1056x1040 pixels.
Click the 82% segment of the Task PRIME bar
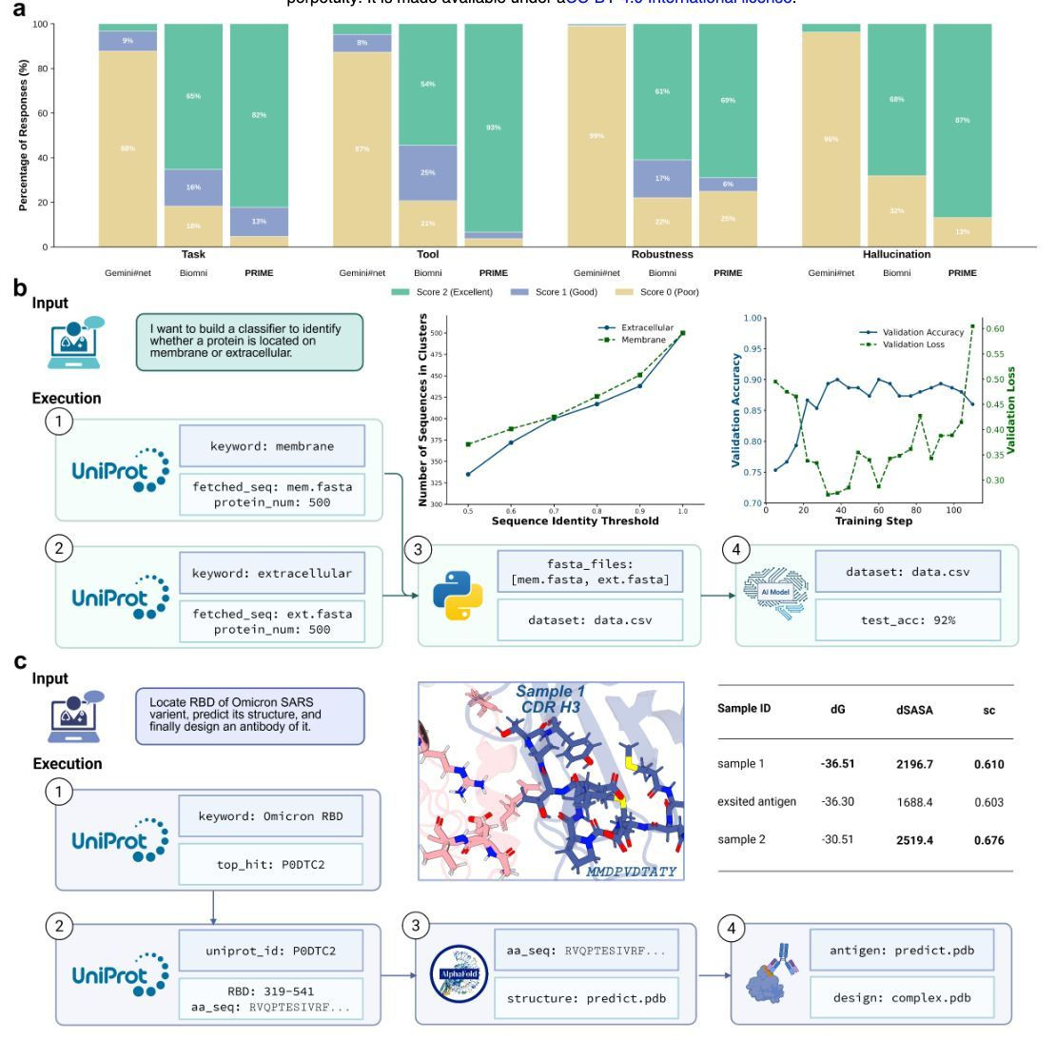pos(259,114)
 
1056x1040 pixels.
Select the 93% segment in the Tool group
pos(493,128)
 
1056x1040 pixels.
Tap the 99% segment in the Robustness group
pos(596,136)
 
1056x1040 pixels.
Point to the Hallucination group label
pos(896,255)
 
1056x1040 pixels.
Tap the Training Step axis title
pos(872,521)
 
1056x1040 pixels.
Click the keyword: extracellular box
pos(271,574)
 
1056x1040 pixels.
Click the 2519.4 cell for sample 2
pos(912,840)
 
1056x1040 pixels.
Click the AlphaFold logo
pos(455,973)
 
